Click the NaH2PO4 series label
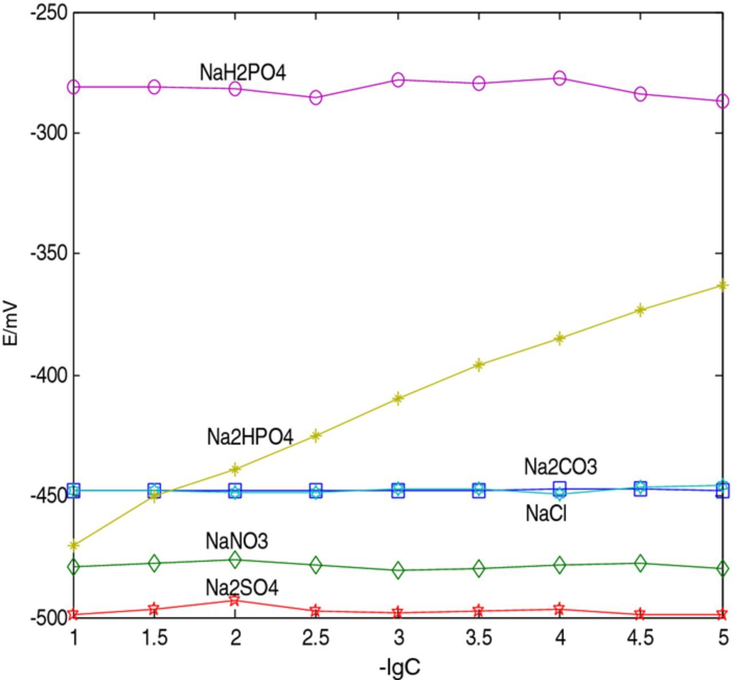click(242, 73)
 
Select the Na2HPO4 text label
click(250, 438)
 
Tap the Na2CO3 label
click(560, 467)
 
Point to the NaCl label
click(546, 514)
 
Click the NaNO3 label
click(237, 540)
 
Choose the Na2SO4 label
click(242, 587)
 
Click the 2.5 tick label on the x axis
click(316, 637)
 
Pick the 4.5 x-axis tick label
click(640, 637)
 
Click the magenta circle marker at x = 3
click(398, 79)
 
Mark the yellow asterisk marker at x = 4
click(560, 338)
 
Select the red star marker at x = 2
click(234, 600)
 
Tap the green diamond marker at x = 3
click(398, 570)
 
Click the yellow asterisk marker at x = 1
click(73, 545)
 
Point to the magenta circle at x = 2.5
click(316, 97)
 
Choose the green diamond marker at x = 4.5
click(640, 563)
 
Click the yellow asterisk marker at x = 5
click(722, 285)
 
